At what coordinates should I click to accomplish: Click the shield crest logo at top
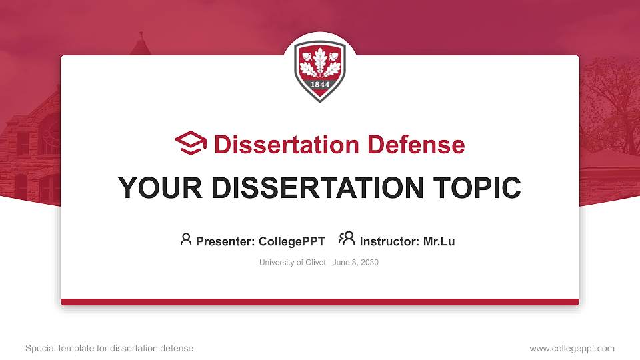point(320,69)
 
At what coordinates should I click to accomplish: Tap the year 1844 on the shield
point(320,85)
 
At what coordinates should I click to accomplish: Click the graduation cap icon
point(191,144)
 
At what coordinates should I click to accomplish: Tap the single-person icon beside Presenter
point(186,239)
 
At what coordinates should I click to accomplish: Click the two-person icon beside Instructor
point(347,239)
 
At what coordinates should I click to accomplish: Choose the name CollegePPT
point(293,241)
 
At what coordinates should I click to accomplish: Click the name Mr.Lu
point(439,241)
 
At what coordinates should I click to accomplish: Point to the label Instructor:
point(389,241)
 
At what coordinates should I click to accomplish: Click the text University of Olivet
point(292,263)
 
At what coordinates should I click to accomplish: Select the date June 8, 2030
point(355,263)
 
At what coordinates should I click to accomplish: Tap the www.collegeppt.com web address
point(572,348)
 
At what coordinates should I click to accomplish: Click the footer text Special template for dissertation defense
point(109,348)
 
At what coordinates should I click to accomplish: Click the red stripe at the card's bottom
point(320,302)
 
